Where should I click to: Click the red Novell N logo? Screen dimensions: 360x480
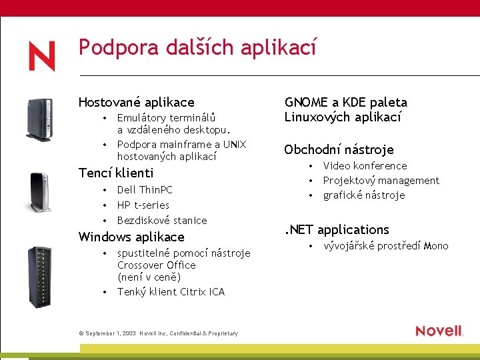pos(41,56)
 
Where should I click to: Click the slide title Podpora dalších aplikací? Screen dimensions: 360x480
pos(197,47)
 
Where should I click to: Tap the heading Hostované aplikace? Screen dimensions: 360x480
pos(136,102)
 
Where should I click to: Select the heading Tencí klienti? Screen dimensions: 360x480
pos(115,173)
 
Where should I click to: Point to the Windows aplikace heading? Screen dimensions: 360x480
pos(131,237)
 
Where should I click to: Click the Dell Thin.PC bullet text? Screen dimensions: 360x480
pos(145,190)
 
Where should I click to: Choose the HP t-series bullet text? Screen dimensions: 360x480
pos(143,205)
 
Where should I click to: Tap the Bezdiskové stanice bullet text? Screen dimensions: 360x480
pos(162,220)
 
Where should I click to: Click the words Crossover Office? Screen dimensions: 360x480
pos(156,265)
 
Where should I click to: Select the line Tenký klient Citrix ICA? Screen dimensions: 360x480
pos(171,291)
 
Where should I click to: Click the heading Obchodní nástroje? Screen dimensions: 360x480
pos(339,149)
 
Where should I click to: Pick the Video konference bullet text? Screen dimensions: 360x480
pos(365,165)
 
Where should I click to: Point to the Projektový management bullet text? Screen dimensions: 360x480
pos(381,180)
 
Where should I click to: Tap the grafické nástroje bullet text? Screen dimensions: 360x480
pos(364,195)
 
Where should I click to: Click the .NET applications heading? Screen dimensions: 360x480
pos(337,229)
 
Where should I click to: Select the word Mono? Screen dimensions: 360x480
pos(436,246)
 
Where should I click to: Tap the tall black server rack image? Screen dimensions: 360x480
pos(39,277)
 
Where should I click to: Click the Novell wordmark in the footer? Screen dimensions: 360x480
pos(439,331)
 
